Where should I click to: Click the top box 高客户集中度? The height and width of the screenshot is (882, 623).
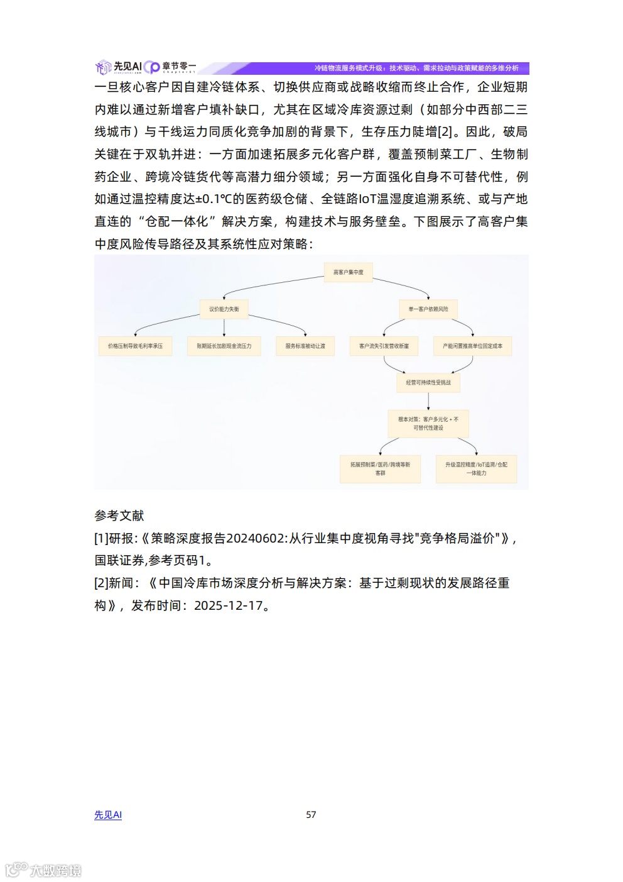[348, 272]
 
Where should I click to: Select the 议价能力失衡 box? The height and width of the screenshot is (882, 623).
[224, 309]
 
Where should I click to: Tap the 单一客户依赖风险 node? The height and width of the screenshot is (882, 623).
[428, 309]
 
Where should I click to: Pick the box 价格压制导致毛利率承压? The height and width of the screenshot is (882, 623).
[135, 346]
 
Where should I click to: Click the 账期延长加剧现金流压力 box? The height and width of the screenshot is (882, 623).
[224, 346]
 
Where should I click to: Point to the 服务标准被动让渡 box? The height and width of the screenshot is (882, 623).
[305, 346]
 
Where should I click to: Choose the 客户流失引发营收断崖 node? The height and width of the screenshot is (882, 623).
[384, 346]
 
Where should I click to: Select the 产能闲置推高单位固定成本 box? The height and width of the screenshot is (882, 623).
[472, 346]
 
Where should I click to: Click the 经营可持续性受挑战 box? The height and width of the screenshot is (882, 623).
[428, 383]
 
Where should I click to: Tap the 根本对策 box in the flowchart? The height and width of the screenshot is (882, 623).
[428, 424]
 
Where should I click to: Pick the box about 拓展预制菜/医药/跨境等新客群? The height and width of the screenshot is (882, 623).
[380, 469]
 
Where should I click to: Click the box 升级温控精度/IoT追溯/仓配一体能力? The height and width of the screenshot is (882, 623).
[476, 469]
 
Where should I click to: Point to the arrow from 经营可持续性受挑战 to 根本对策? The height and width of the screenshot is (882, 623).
[428, 400]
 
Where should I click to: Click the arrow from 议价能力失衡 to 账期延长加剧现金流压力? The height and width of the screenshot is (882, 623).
[224, 327]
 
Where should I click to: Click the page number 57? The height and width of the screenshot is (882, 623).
[311, 815]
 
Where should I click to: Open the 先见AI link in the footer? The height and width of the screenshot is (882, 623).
[108, 815]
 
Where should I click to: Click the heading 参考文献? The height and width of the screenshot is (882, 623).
[119, 516]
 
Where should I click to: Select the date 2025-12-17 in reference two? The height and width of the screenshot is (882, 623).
[228, 606]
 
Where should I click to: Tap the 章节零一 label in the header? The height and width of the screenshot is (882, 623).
[179, 66]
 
